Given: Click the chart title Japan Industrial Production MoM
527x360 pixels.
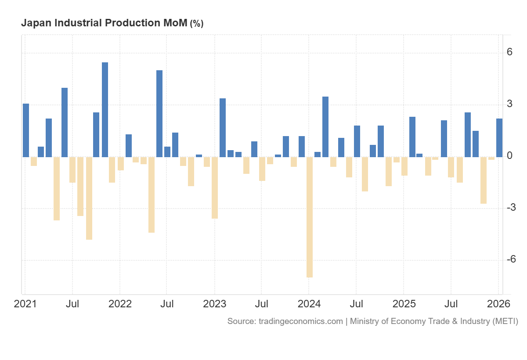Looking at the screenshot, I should [x=104, y=23].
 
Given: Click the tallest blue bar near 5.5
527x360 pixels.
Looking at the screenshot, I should [x=105, y=110].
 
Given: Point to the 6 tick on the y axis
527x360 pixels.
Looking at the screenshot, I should [x=509, y=52].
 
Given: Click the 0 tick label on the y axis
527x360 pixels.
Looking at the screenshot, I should [x=509, y=156].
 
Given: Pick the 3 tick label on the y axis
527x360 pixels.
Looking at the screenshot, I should [x=509, y=104].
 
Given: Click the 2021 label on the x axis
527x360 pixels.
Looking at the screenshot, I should [x=25, y=304].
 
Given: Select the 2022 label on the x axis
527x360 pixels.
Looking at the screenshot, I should [x=119, y=304].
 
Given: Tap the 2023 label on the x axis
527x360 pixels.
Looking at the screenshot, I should [x=214, y=304].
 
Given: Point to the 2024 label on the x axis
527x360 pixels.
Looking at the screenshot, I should [x=309, y=304].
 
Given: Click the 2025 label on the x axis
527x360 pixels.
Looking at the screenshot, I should [x=404, y=304].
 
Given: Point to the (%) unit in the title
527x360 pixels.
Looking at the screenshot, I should [x=196, y=24].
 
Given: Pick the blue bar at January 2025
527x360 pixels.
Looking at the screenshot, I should [x=412, y=137].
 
